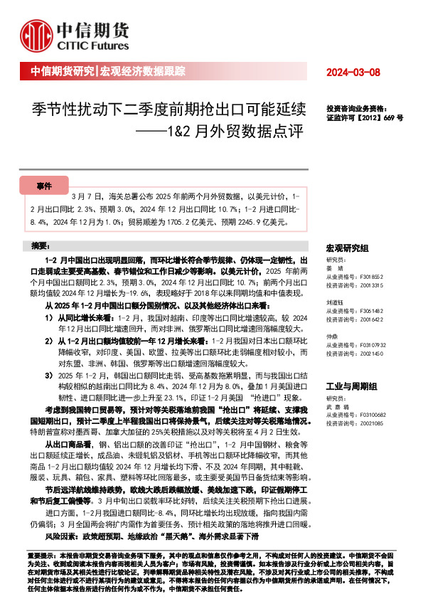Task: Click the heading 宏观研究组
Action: click(347, 248)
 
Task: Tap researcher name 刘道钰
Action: click(336, 302)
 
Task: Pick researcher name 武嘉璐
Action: click(336, 406)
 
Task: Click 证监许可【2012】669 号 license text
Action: click(364, 117)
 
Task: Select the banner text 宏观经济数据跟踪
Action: click(141, 72)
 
